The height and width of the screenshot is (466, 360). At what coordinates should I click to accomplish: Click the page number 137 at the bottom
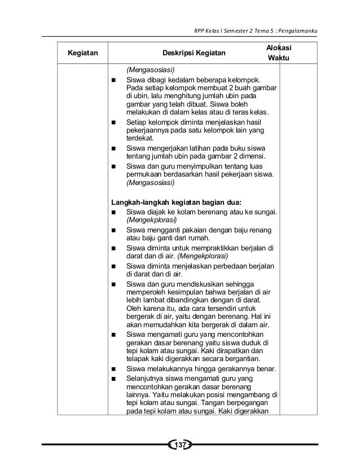[181, 447]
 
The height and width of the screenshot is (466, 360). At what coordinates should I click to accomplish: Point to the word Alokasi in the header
[279, 49]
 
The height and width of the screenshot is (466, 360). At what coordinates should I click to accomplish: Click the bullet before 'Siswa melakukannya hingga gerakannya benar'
[115, 370]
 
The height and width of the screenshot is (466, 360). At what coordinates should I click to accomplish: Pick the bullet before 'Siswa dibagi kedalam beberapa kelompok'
[115, 80]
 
